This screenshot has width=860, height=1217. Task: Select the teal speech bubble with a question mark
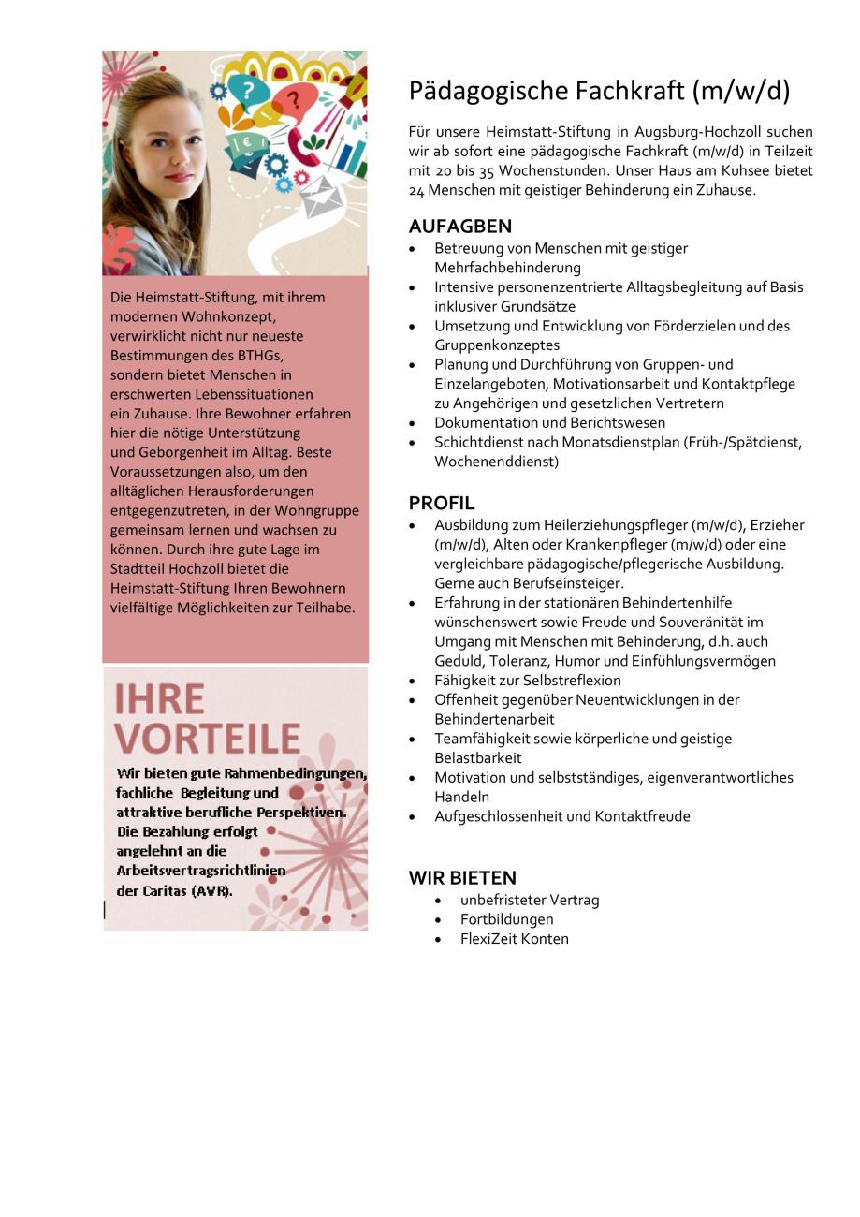coord(247,91)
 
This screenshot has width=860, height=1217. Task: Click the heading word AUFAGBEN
coord(459,227)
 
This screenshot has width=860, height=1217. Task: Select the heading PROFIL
coord(442,503)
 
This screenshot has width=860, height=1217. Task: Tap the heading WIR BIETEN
coord(462,878)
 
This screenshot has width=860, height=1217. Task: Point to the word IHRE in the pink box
coord(159,699)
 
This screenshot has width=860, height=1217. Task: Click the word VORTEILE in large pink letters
coord(207,739)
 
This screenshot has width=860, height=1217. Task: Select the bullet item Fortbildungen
coord(506,919)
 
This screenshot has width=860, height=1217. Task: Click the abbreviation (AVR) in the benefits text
coord(211,890)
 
